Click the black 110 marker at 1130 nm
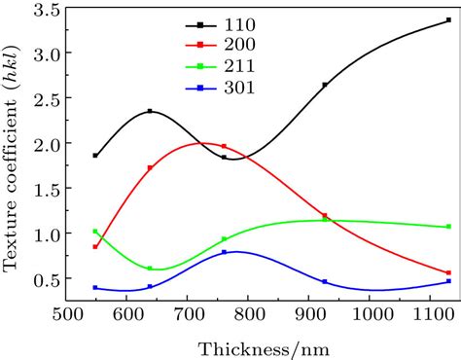tap(448, 19)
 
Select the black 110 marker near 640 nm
tap(150, 111)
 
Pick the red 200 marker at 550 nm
tap(95, 247)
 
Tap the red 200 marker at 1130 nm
tap(448, 273)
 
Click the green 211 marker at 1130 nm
tap(448, 227)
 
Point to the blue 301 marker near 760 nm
tap(224, 253)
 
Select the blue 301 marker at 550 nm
tap(95, 288)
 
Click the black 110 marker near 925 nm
tap(325, 86)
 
